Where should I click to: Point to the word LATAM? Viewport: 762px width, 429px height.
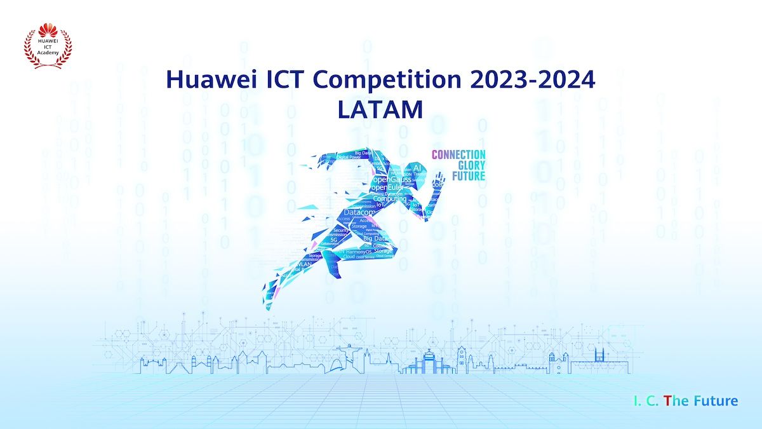[x=380, y=109]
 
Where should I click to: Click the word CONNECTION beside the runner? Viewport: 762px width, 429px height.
[x=458, y=154]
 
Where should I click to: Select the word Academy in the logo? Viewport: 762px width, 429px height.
[x=48, y=51]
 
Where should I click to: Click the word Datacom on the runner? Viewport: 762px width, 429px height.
[x=359, y=212]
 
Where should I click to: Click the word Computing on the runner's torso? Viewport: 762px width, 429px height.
[x=389, y=199]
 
